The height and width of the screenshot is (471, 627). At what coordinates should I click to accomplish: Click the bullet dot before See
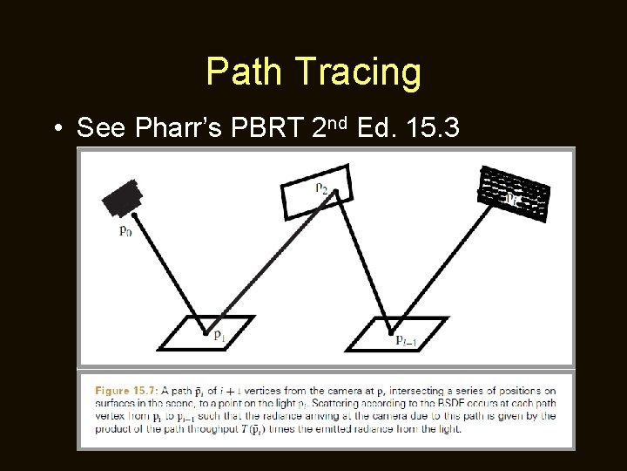pyautogui.click(x=57, y=129)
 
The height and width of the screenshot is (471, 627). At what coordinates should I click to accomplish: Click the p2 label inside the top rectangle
pyautogui.click(x=321, y=186)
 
